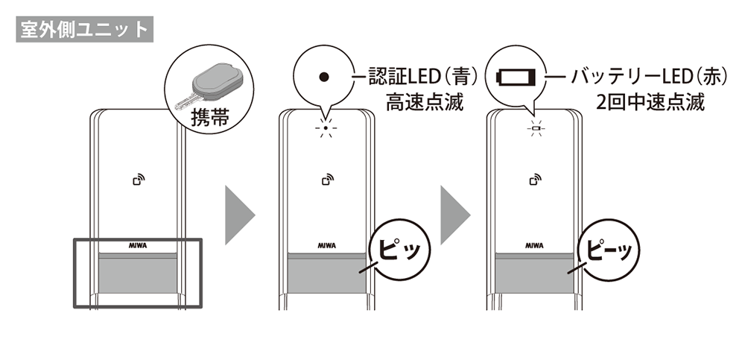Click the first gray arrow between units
[240, 215]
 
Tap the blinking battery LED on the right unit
[533, 128]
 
